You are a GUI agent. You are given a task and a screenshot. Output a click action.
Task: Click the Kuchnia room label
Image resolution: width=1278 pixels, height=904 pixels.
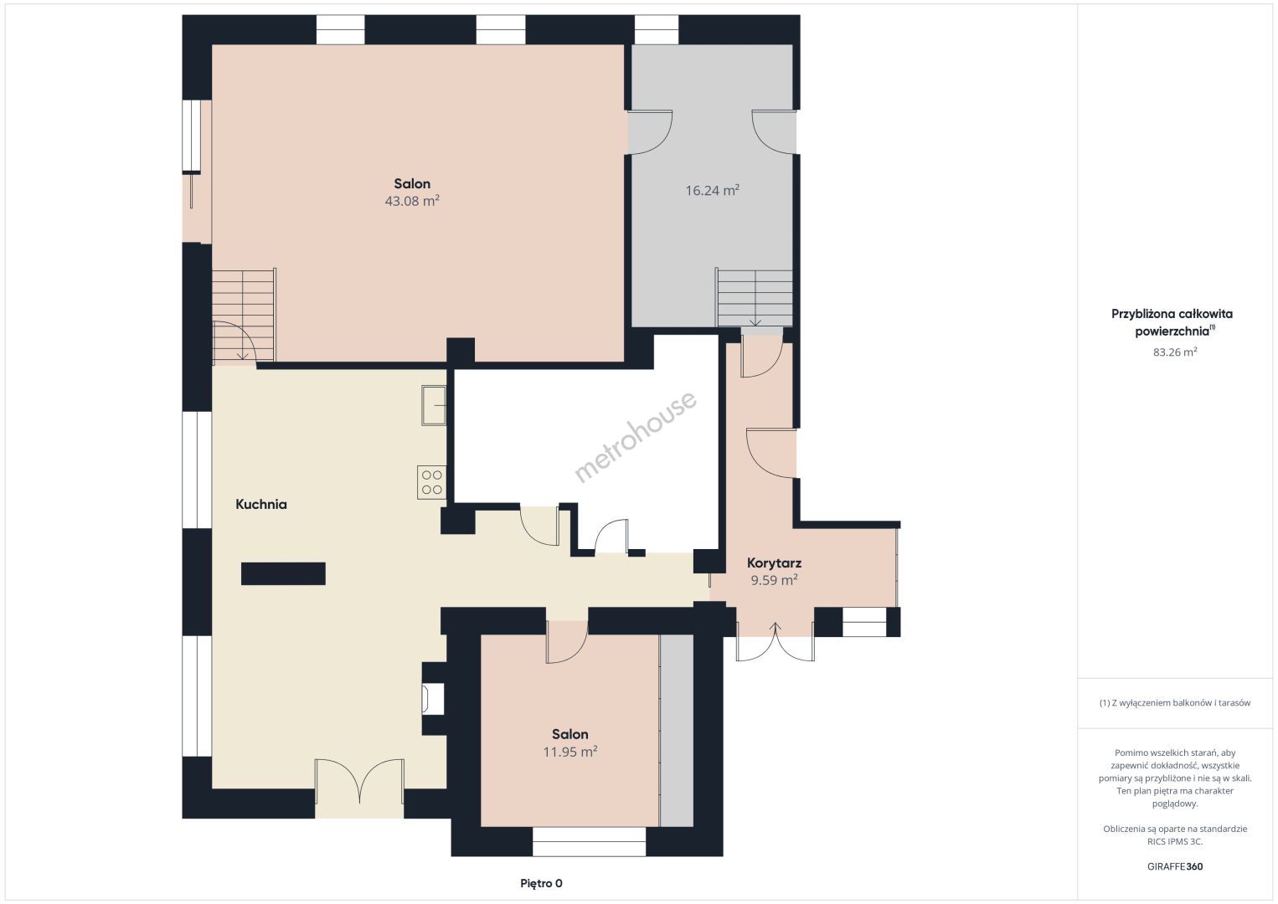(261, 504)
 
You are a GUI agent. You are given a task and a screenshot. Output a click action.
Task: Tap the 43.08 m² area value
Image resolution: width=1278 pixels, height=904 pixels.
(412, 201)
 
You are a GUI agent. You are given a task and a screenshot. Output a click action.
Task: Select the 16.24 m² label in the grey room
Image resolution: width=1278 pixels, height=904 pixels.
(712, 190)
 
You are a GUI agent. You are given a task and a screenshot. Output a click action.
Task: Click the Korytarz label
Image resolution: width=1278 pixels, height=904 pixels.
(774, 563)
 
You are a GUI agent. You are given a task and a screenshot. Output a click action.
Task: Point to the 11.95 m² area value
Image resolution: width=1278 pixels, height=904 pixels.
(570, 752)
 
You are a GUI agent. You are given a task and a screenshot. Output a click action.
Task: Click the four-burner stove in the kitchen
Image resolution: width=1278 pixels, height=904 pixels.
(431, 482)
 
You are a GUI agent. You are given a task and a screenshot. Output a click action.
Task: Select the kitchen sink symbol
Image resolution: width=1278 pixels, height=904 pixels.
(434, 405)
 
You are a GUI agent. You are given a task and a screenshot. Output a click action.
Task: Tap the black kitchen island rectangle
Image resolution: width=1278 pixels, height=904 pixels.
(283, 573)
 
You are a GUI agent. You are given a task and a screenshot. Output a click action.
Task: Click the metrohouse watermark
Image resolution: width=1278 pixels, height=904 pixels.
(635, 436)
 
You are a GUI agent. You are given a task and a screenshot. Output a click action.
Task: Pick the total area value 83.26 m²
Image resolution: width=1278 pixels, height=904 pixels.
(1175, 352)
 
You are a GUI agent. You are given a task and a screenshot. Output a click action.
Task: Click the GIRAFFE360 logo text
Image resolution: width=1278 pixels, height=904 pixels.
(1175, 866)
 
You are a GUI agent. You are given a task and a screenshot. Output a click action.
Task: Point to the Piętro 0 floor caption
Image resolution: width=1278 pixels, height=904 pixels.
(541, 883)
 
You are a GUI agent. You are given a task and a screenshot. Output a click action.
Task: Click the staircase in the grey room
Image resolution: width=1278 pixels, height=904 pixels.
(755, 298)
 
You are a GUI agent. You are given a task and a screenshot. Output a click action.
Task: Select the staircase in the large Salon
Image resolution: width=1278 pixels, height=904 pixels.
(244, 316)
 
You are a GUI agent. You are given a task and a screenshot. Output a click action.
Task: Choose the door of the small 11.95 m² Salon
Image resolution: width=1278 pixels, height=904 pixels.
(566, 642)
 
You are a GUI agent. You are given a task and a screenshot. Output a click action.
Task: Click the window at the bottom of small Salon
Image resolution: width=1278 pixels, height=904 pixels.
(589, 841)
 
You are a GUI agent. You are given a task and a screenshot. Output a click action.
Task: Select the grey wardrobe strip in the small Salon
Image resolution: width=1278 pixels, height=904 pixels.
(676, 730)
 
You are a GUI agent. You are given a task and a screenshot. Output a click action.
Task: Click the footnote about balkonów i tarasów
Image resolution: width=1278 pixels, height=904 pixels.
(1175, 702)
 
